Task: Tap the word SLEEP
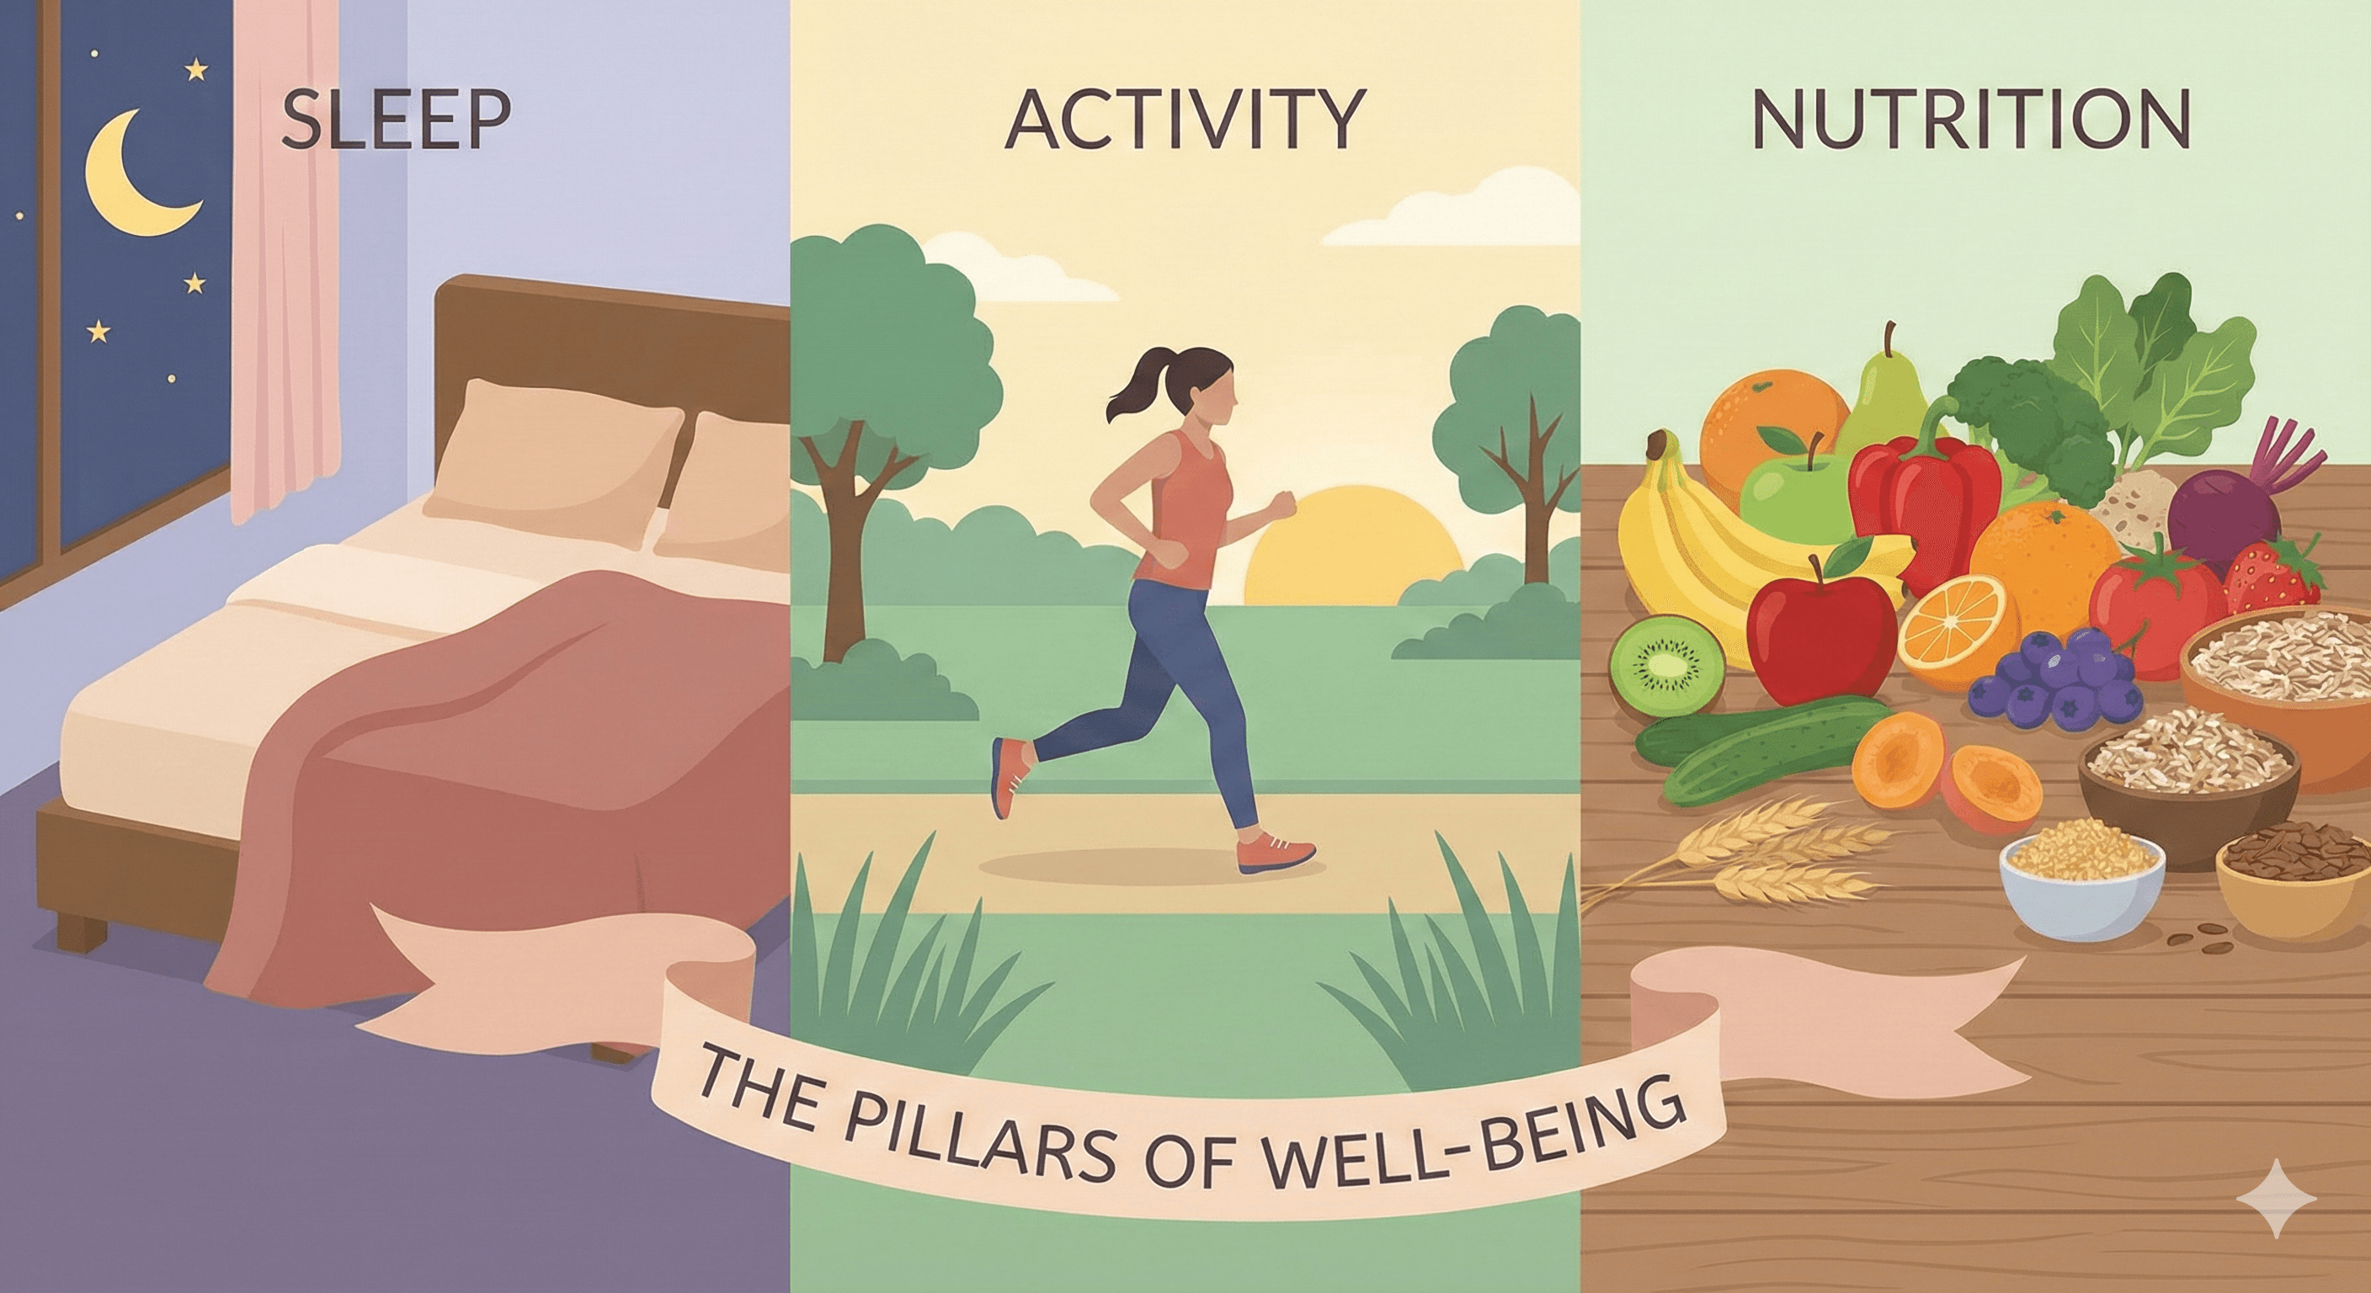coord(396,120)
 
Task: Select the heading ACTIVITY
coord(1184,120)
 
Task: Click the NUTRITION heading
coord(1969,120)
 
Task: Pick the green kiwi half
coord(1667,663)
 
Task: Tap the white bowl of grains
coord(2081,888)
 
